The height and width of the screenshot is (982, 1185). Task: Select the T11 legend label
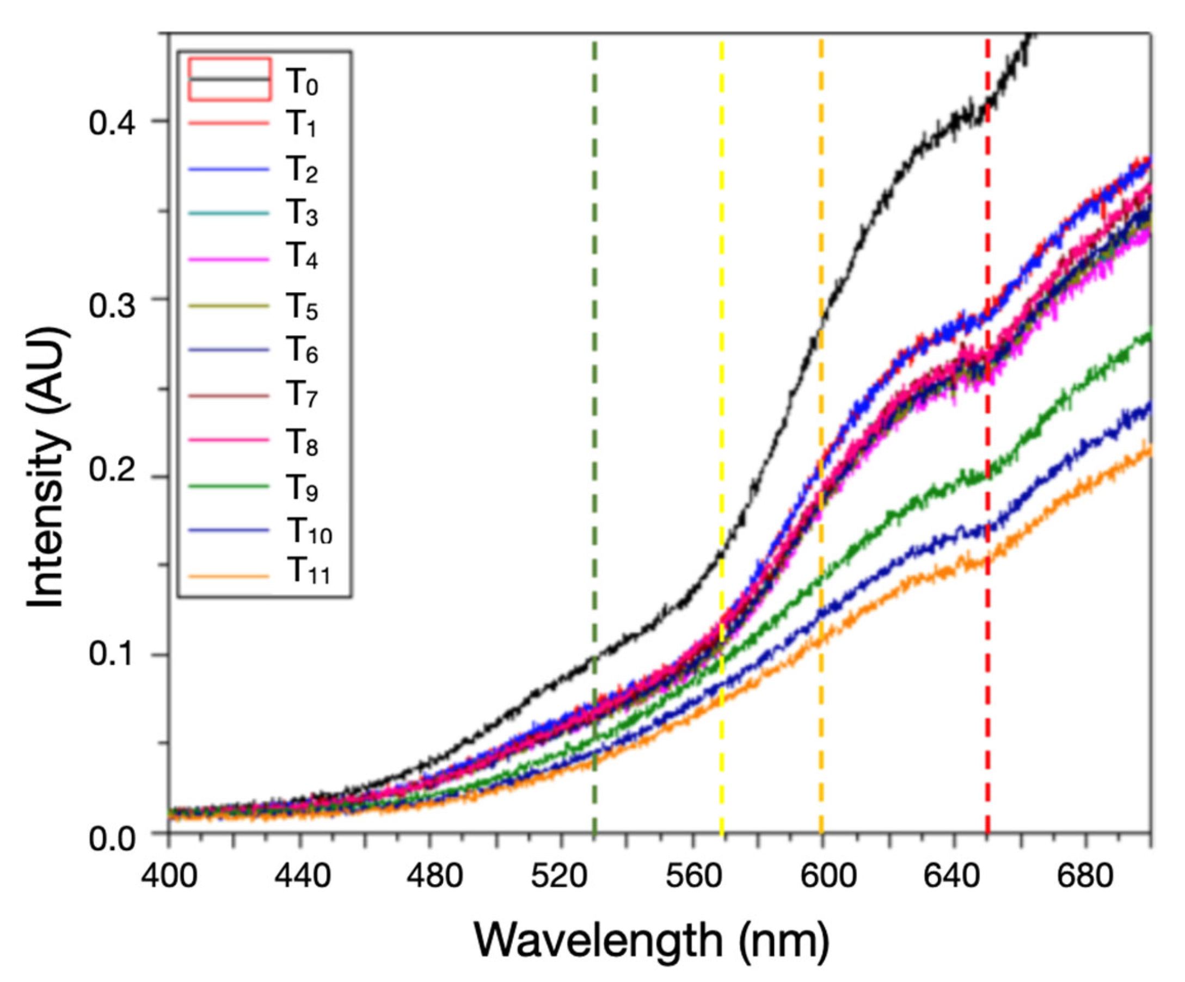click(x=309, y=573)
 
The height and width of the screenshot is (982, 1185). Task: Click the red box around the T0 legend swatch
click(x=229, y=79)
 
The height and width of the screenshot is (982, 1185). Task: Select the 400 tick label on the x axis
click(x=169, y=875)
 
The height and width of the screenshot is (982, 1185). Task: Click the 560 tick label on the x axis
click(x=692, y=875)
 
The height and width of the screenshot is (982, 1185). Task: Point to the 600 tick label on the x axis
click(x=822, y=875)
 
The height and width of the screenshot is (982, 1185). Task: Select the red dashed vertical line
click(x=987, y=677)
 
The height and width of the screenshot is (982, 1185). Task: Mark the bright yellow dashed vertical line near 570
click(x=722, y=282)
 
